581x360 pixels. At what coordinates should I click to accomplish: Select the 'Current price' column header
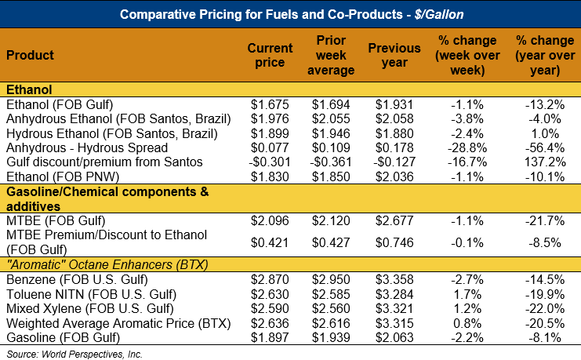[270, 55]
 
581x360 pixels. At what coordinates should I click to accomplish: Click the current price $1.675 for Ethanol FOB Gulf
[270, 104]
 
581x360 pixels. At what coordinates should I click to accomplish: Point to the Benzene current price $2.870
[270, 278]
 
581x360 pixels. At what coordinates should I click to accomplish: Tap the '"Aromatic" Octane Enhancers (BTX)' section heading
[107, 264]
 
